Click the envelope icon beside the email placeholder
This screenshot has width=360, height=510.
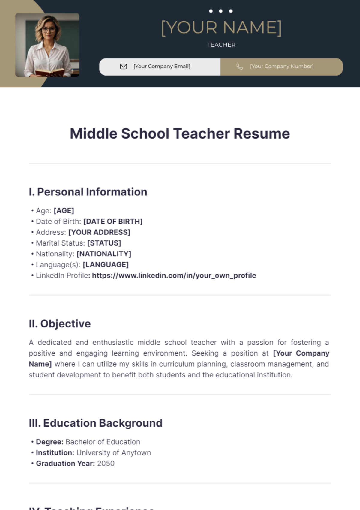pyautogui.click(x=123, y=67)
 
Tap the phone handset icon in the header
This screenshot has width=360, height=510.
pyautogui.click(x=240, y=67)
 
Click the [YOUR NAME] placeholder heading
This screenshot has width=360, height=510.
pyautogui.click(x=221, y=28)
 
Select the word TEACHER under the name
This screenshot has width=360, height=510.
pyautogui.click(x=221, y=45)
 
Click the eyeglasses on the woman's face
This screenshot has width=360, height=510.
pyautogui.click(x=49, y=30)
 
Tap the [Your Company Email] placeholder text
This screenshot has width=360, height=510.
pyautogui.click(x=162, y=67)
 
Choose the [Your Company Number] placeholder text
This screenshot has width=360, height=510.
pyautogui.click(x=282, y=67)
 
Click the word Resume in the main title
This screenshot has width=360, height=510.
pyautogui.click(x=262, y=134)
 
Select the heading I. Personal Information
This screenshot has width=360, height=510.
pyautogui.click(x=88, y=192)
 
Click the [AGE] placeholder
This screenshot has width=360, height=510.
pyautogui.click(x=64, y=211)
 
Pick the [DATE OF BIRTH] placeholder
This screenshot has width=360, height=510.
pyautogui.click(x=113, y=222)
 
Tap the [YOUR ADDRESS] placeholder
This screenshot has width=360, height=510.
pyautogui.click(x=99, y=232)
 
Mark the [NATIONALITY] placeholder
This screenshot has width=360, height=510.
pyautogui.click(x=104, y=254)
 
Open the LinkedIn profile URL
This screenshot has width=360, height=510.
pyautogui.click(x=174, y=276)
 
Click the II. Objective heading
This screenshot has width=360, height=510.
pyautogui.click(x=60, y=324)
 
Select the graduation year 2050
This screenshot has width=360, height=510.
pyautogui.click(x=106, y=464)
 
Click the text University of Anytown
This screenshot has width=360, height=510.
pyautogui.click(x=114, y=453)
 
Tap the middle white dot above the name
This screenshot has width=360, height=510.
pyautogui.click(x=221, y=11)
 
